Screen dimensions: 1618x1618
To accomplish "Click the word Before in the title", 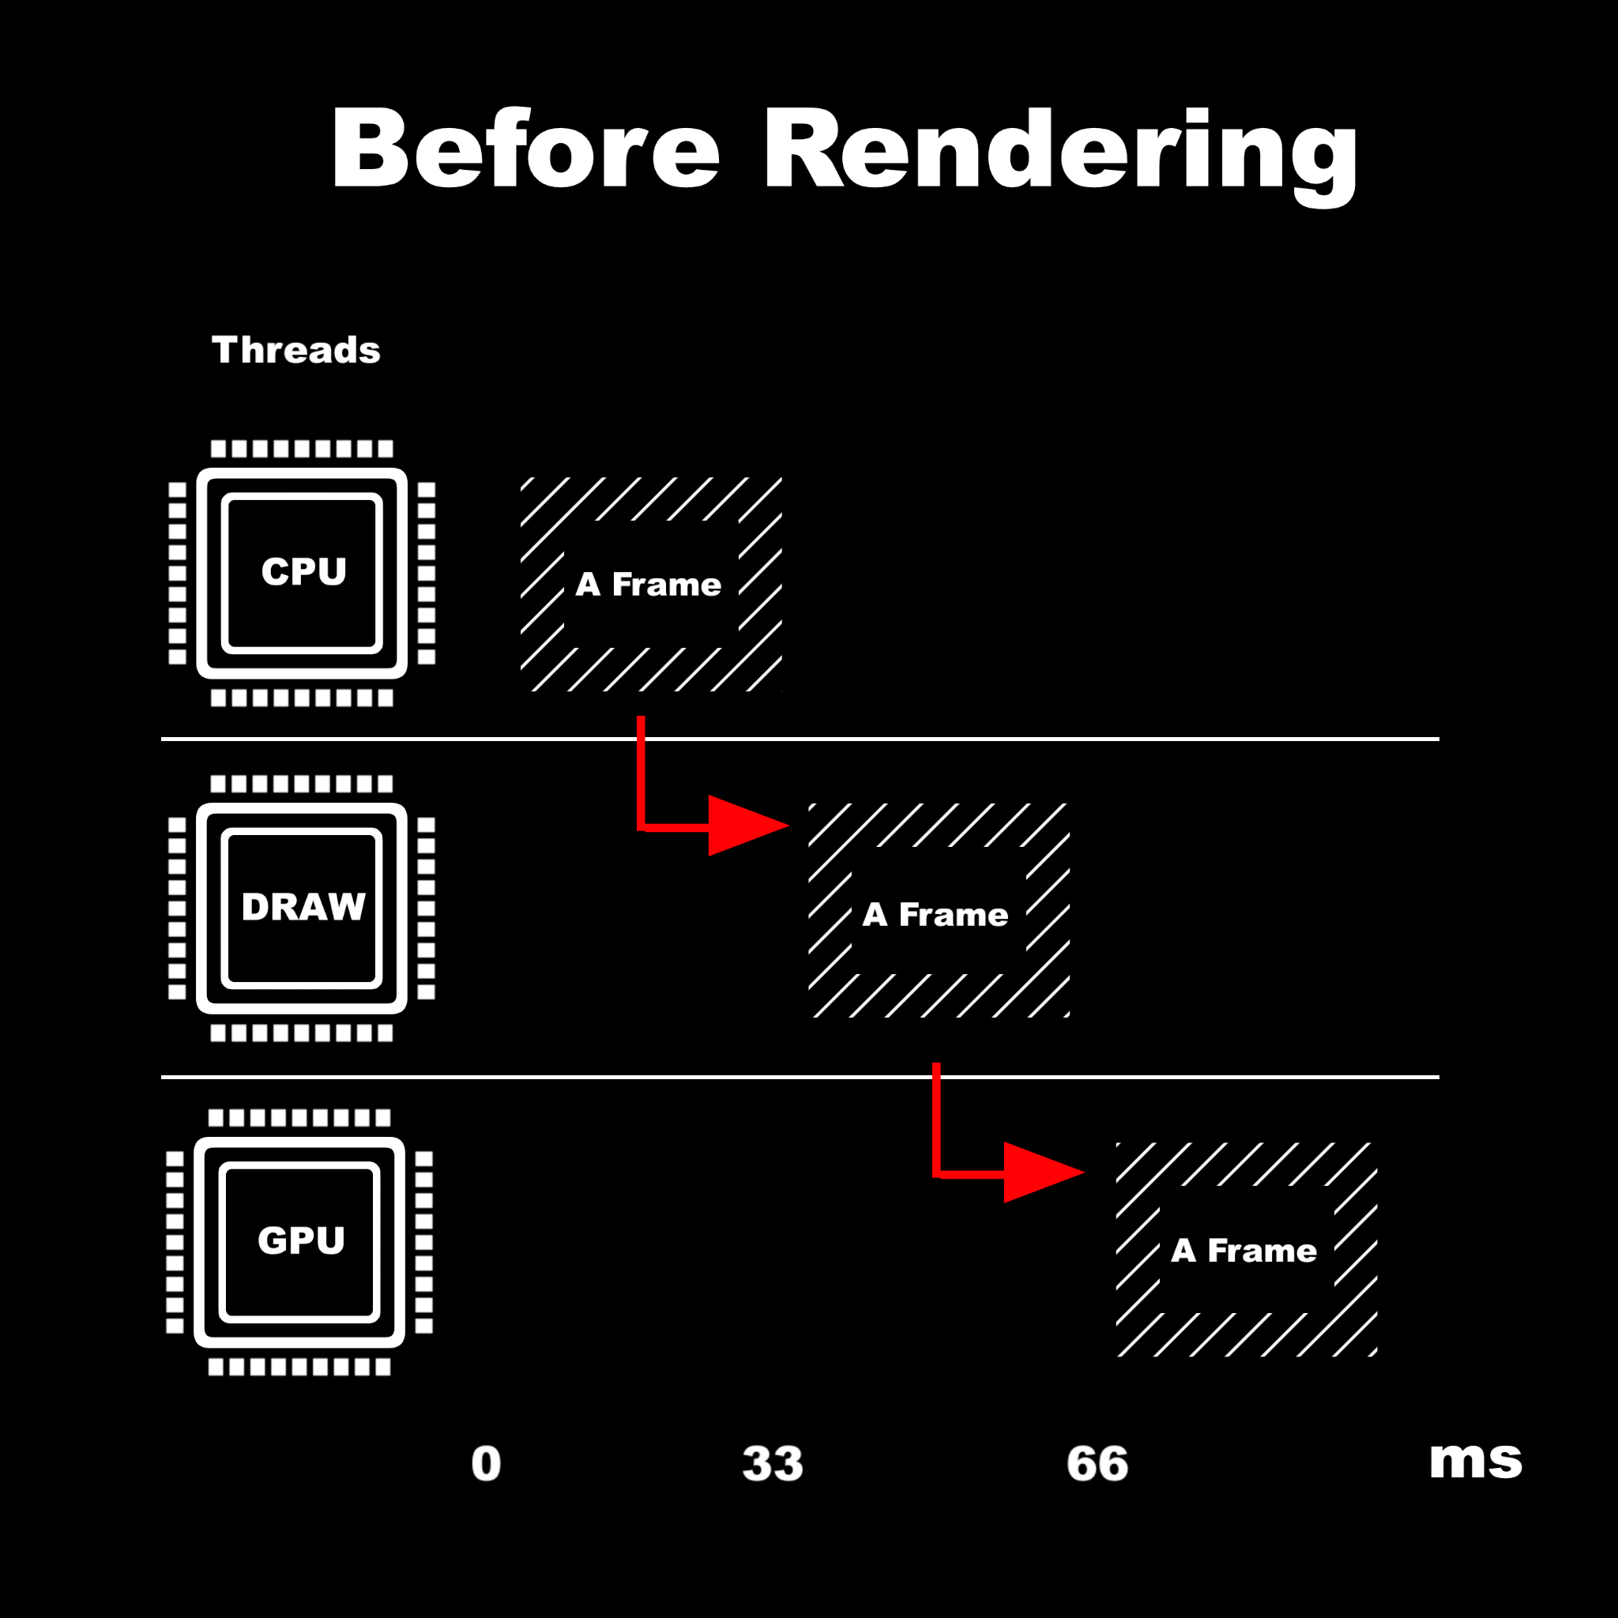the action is [525, 149].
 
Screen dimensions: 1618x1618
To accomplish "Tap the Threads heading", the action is [295, 350].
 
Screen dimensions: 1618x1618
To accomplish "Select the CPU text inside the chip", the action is [303, 572].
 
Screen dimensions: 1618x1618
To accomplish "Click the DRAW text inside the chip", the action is [303, 907].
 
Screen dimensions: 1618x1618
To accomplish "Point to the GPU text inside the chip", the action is [301, 1240].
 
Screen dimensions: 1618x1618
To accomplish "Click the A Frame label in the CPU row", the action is [648, 585].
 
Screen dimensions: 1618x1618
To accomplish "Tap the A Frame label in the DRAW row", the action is [935, 915].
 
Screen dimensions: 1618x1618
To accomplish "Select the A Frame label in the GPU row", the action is [1244, 1251].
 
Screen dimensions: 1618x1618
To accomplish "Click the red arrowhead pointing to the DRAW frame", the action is [743, 826].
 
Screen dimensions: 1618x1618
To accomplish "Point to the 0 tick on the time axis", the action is [486, 1464].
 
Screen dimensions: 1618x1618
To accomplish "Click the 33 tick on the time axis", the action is [772, 1464].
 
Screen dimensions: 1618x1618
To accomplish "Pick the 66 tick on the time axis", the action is [1097, 1464].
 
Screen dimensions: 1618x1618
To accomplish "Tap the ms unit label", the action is [1476, 1462].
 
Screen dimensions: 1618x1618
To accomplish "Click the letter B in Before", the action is [369, 149].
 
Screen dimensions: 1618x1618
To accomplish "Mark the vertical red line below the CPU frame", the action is [641, 770].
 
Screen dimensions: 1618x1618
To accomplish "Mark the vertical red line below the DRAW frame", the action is [936, 1118].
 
